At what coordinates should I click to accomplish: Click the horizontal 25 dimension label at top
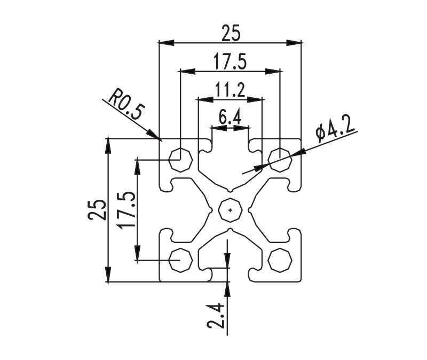(x=231, y=33)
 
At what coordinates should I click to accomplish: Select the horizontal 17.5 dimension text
(x=230, y=61)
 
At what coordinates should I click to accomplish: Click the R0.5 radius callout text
(x=126, y=104)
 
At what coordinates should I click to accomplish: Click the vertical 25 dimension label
(x=97, y=209)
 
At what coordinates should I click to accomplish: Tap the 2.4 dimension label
(x=216, y=316)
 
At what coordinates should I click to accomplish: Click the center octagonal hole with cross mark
(x=231, y=210)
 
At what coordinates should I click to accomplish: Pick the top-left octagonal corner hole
(x=180, y=160)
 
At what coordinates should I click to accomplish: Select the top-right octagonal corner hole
(x=280, y=160)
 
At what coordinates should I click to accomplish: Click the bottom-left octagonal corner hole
(x=180, y=260)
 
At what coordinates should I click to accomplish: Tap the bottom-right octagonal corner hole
(x=280, y=260)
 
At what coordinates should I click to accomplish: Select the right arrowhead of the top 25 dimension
(x=294, y=43)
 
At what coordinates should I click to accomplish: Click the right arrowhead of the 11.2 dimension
(x=255, y=99)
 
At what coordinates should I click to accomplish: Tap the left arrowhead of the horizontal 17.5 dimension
(x=188, y=72)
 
